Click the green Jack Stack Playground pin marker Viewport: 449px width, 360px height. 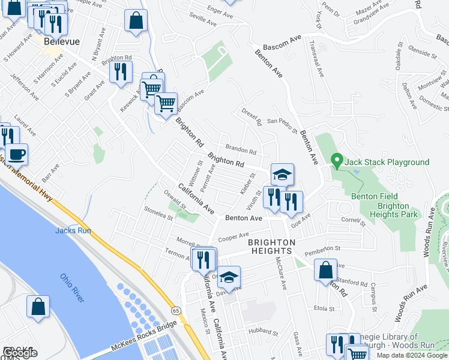pos(337,161)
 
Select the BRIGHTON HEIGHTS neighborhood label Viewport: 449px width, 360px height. pos(272,247)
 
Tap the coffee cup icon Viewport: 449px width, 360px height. pos(16,154)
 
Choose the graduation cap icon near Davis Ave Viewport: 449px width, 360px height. pos(229,277)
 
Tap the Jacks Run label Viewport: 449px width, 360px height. pos(73,230)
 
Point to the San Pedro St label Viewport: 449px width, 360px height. pos(282,122)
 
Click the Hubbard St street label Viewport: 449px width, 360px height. pos(264,331)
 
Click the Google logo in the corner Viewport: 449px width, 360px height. pos(20,353)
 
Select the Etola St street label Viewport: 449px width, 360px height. pos(324,308)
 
